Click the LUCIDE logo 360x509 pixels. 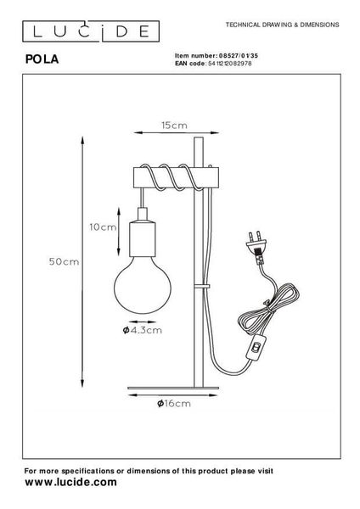pyautogui.click(x=91, y=31)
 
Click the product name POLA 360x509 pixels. pyautogui.click(x=42, y=59)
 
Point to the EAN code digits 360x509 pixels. pyautogui.click(x=229, y=64)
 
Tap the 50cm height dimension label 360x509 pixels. pyautogui.click(x=64, y=261)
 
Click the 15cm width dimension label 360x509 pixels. pyautogui.click(x=174, y=126)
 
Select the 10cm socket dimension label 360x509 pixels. pyautogui.click(x=103, y=227)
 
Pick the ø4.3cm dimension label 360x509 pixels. pyautogui.click(x=143, y=330)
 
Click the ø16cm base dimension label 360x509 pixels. pyautogui.click(x=174, y=404)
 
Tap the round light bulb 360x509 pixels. pyautogui.click(x=143, y=285)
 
